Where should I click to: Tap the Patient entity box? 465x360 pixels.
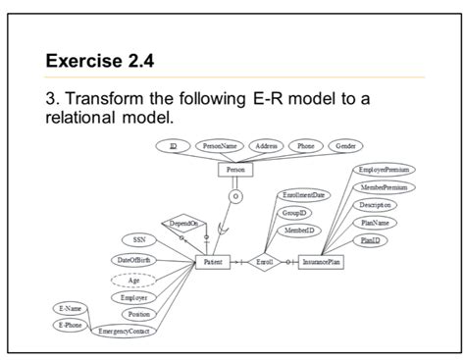(213, 262)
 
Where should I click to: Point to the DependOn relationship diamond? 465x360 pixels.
(182, 224)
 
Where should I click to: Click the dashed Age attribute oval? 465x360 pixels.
(134, 278)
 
